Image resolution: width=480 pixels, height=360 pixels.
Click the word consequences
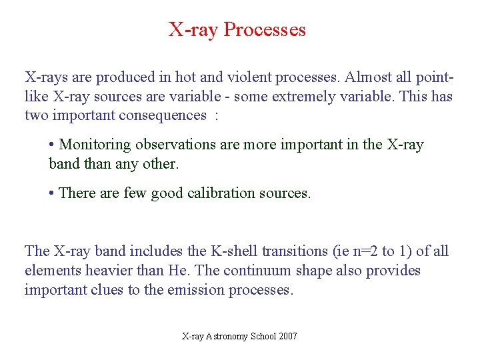pos(163,115)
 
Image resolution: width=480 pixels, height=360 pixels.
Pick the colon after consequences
pos(216,115)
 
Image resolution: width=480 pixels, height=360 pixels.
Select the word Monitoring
pos(96,145)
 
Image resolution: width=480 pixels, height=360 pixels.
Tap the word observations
pos(177,145)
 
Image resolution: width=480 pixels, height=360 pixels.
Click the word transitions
pos(293,251)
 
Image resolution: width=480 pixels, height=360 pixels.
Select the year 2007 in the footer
pos(288,337)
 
